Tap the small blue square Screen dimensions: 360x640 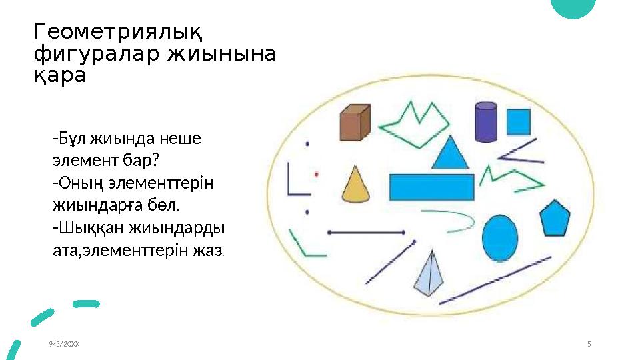point(518,121)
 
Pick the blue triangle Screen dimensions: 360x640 point(451,154)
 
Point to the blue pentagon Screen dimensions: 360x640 point(555,218)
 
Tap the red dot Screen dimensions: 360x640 point(317,174)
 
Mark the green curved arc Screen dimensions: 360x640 point(453,220)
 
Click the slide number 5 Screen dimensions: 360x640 point(589,344)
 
